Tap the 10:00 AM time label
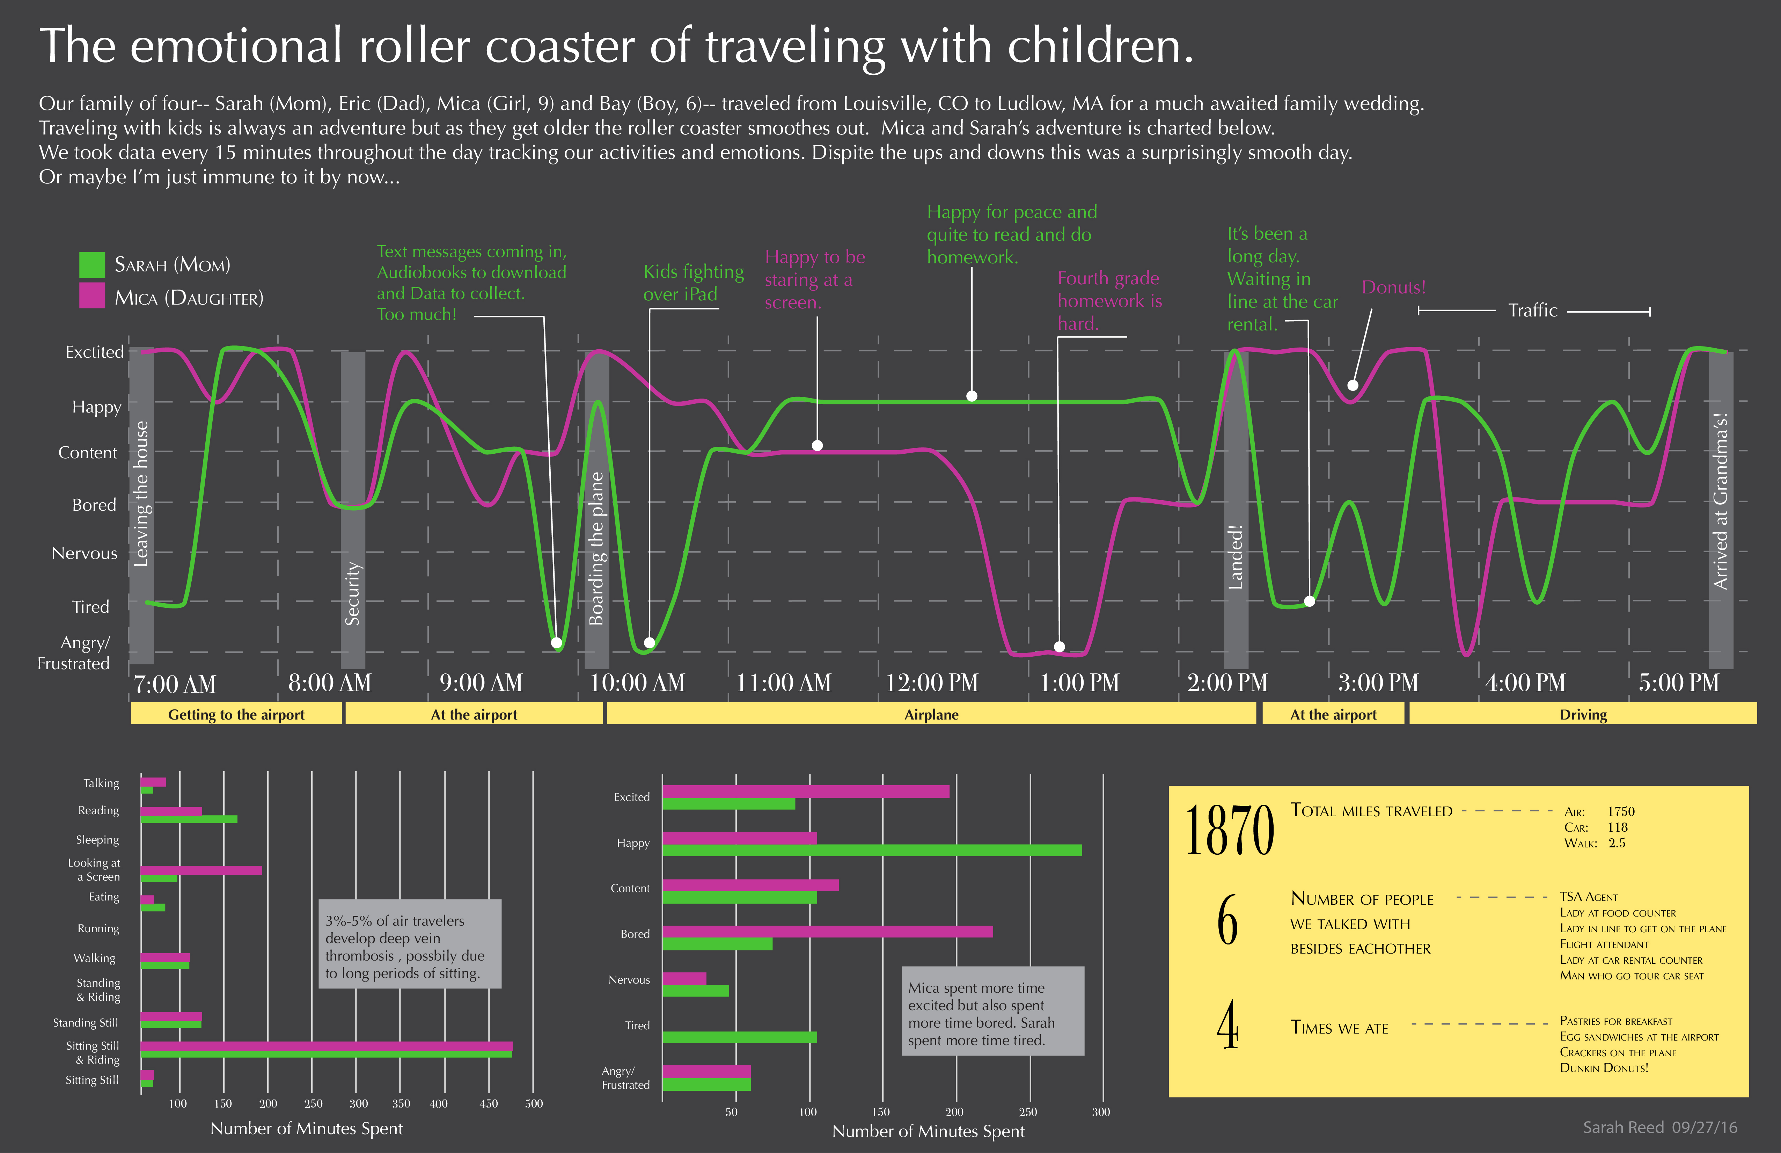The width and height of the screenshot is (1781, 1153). [637, 683]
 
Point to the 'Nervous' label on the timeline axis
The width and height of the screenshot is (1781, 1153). [85, 553]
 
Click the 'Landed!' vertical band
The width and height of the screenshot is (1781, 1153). [1236, 509]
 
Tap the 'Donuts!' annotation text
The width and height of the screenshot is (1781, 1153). [1393, 287]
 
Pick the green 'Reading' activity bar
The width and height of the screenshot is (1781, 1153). [189, 819]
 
